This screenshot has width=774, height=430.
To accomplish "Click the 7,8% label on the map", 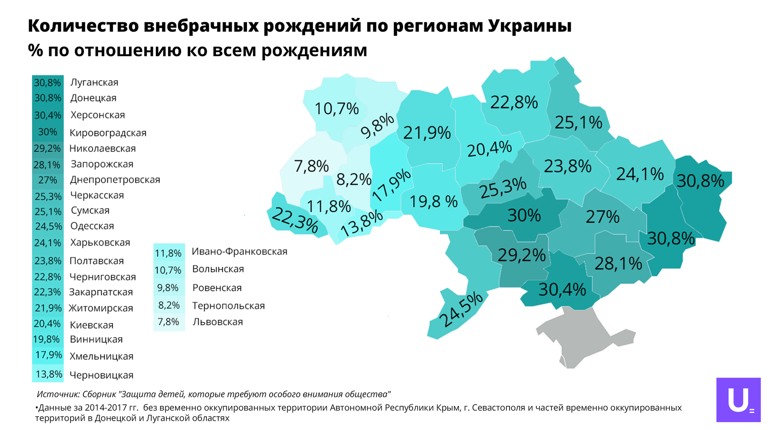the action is tap(311, 166).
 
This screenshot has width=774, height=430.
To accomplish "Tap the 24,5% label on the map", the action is tap(461, 310).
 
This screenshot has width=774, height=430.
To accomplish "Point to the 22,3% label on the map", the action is tap(295, 220).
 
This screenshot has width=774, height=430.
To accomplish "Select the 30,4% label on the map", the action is tap(562, 289).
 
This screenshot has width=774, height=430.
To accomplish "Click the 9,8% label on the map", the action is tap(377, 126).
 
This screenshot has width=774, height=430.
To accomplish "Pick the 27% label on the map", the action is tap(603, 217).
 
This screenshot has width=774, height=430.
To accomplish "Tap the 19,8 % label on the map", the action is tap(434, 201).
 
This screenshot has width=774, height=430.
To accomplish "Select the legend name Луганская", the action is tap(94, 82).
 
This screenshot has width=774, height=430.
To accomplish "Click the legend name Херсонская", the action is tap(98, 115).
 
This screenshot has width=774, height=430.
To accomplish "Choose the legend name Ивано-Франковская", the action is tap(240, 252).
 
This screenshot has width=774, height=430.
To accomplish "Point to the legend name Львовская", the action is tap(217, 322).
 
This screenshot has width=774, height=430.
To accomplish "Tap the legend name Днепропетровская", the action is tap(115, 180).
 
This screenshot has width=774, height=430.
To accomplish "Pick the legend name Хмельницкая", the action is tap(101, 356).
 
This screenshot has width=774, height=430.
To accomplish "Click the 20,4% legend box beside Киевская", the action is tap(48, 324).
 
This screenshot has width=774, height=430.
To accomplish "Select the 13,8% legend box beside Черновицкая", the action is tap(48, 374).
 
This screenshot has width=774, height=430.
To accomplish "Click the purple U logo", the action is tap(739, 400).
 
